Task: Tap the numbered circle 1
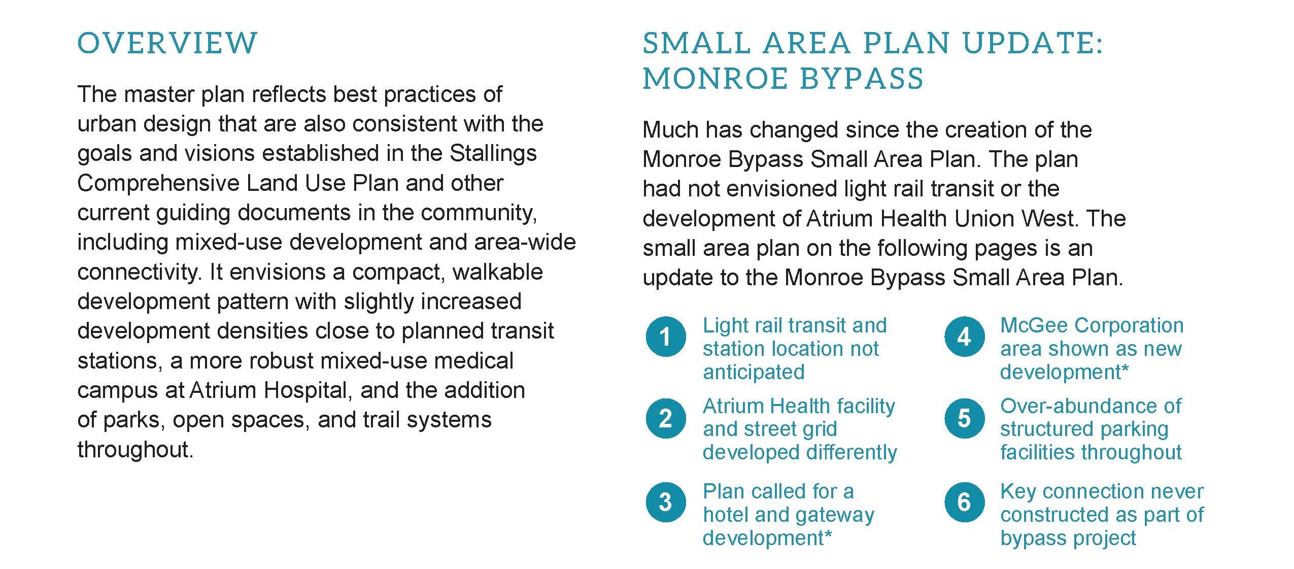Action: [x=666, y=337]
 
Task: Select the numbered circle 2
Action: [x=666, y=418]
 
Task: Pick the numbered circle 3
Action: [x=666, y=502]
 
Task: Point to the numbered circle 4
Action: [x=964, y=337]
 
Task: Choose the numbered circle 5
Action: [x=964, y=418]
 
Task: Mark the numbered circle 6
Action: [x=964, y=502]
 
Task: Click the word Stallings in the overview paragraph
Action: [x=493, y=154]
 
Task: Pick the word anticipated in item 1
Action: [x=754, y=372]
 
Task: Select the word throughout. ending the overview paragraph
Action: [x=135, y=450]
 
